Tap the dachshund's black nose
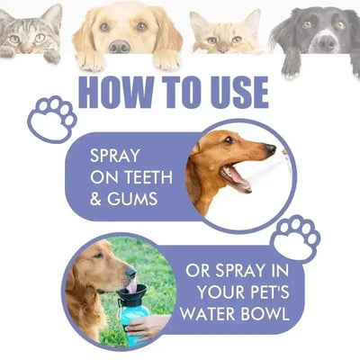(271, 148)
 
